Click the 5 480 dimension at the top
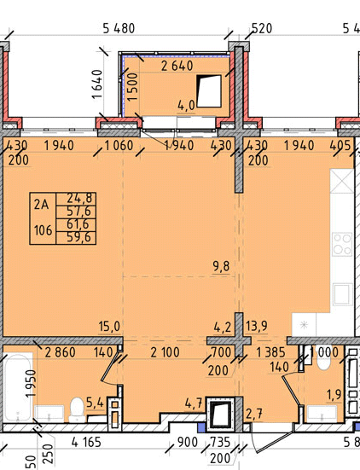click(x=119, y=28)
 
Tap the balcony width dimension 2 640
click(x=177, y=66)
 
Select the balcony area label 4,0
click(x=186, y=106)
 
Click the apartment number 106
click(x=44, y=230)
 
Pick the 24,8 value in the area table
click(x=78, y=198)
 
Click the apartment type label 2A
click(x=41, y=205)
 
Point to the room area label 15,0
click(x=110, y=327)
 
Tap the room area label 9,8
click(x=222, y=266)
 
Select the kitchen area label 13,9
click(x=257, y=326)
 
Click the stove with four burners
click(x=342, y=244)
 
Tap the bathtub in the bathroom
click(x=18, y=387)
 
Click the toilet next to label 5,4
click(x=77, y=409)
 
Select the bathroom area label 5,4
click(x=95, y=403)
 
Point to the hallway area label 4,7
click(x=194, y=403)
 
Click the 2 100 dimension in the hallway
click(x=165, y=352)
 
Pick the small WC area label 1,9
click(x=334, y=395)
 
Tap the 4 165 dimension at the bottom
click(x=86, y=442)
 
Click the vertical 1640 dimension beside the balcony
click(x=97, y=84)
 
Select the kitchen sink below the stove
click(x=342, y=294)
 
